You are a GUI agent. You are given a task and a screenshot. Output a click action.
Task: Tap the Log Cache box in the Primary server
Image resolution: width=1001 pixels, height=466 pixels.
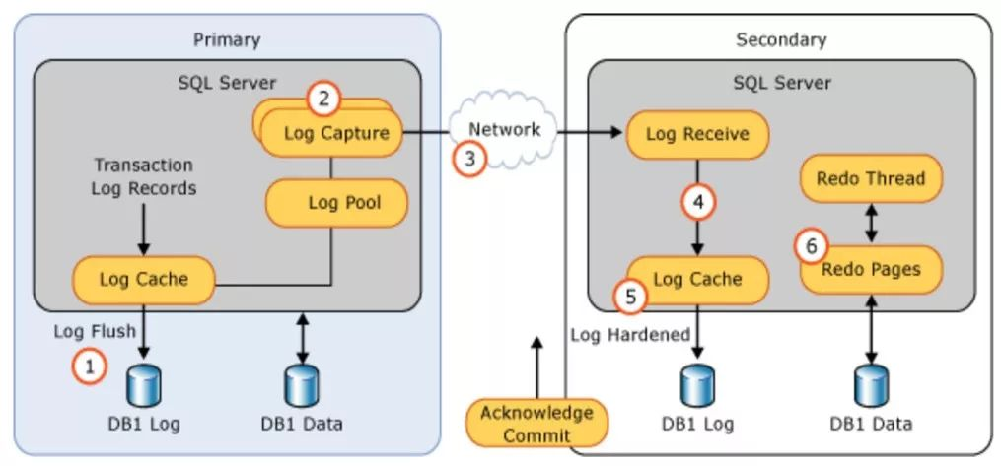pyautogui.click(x=144, y=279)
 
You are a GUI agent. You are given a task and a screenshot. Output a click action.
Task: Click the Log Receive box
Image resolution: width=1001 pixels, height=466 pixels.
pyautogui.click(x=697, y=133)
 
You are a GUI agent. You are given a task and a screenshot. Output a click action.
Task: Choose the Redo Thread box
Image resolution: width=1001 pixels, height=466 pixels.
pyautogui.click(x=871, y=179)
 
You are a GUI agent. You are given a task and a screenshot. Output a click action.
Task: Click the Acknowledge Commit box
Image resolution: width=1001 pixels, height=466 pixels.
pyautogui.click(x=536, y=424)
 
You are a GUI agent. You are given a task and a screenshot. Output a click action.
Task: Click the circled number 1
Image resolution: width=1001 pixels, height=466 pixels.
pyautogui.click(x=90, y=367)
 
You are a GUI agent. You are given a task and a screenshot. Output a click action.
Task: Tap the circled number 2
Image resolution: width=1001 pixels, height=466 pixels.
pyautogui.click(x=324, y=99)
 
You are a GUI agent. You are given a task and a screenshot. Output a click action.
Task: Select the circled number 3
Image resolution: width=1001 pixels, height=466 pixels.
pyautogui.click(x=469, y=158)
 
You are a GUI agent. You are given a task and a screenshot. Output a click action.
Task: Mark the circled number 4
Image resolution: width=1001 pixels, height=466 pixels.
pyautogui.click(x=698, y=203)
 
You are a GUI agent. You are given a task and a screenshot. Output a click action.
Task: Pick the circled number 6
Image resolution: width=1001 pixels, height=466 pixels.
pyautogui.click(x=812, y=246)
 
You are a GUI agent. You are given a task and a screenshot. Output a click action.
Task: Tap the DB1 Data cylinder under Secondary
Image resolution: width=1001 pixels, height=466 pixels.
pyautogui.click(x=871, y=385)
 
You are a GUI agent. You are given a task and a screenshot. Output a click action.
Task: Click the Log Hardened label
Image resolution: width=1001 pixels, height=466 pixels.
pyautogui.click(x=630, y=335)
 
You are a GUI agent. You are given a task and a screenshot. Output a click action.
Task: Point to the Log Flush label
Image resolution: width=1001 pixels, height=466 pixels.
pyautogui.click(x=94, y=331)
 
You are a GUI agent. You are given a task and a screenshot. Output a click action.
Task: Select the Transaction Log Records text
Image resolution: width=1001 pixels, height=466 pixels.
pyautogui.click(x=144, y=175)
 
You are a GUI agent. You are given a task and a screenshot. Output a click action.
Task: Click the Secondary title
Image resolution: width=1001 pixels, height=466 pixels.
pyautogui.click(x=781, y=40)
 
